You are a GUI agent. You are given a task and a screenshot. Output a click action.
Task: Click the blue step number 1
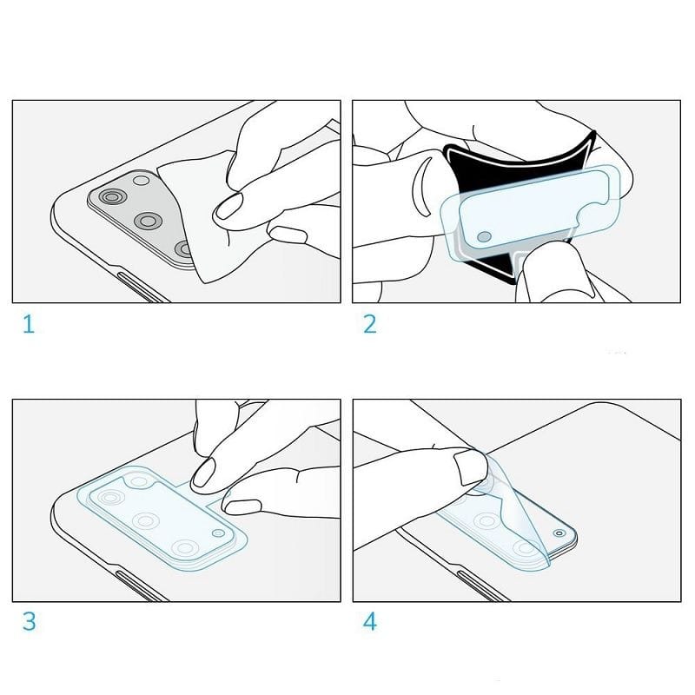(29, 324)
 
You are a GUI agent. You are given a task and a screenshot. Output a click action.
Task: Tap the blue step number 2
(370, 324)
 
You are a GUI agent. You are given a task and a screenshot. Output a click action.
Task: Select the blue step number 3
(30, 621)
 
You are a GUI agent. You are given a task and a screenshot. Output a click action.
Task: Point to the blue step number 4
(370, 621)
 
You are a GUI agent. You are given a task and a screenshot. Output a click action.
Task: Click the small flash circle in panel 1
(142, 181)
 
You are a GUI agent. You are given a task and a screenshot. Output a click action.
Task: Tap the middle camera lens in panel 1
(149, 221)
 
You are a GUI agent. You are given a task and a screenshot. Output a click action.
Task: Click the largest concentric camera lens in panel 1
(113, 197)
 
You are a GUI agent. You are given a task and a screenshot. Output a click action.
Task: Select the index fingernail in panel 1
(228, 207)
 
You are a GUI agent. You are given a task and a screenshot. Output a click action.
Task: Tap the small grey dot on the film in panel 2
(485, 237)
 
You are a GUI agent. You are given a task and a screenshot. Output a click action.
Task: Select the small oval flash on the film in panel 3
(218, 533)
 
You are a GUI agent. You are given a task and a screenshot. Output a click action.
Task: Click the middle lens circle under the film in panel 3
(146, 520)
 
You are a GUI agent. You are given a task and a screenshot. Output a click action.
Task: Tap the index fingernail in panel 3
(204, 473)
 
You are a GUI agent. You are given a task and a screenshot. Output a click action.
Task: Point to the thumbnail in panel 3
(242, 506)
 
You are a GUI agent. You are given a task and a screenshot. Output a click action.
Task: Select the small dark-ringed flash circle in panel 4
(559, 533)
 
